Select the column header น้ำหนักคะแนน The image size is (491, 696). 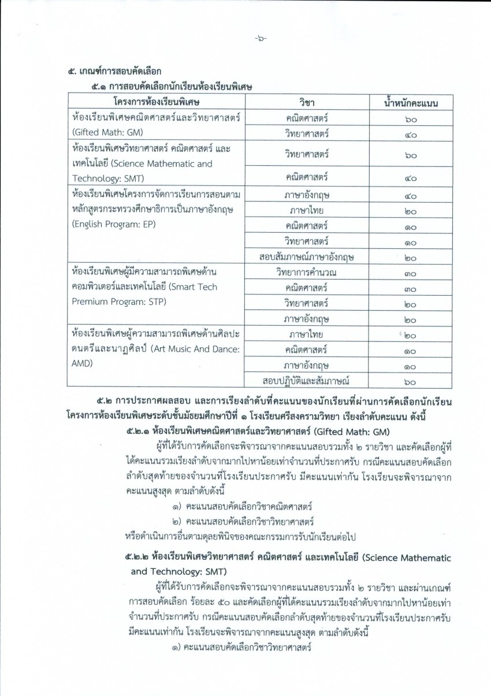tap(411, 103)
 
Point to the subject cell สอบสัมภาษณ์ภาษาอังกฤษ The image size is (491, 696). tap(307, 257)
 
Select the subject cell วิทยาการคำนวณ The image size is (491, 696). tap(307, 271)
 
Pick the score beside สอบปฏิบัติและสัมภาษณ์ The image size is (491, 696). tap(411, 380)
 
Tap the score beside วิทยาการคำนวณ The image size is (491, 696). tap(411, 272)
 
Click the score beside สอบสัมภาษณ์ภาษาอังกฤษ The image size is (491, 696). tap(411, 258)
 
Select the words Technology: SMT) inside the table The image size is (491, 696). tap(108, 178)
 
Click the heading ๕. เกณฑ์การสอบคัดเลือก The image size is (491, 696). tap(114, 71)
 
